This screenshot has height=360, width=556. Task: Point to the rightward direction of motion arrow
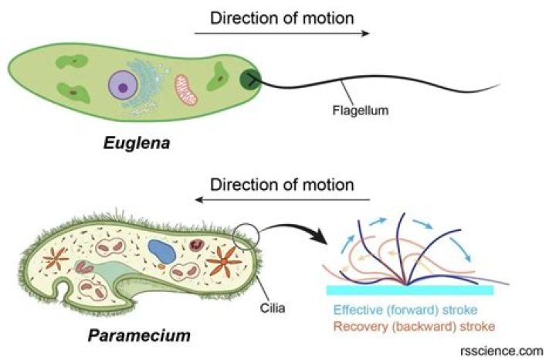(x=281, y=35)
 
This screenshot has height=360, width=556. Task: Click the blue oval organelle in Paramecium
(x=162, y=250)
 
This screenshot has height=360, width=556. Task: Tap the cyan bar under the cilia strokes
(x=409, y=290)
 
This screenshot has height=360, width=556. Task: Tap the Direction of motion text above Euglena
(x=281, y=17)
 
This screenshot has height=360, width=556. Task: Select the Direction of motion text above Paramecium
(x=281, y=184)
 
